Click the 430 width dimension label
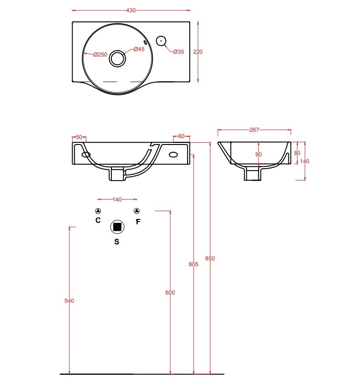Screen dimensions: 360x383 (x=131, y=10)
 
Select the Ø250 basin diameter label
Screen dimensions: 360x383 (x=100, y=54)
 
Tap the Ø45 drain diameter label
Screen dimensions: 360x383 (x=139, y=49)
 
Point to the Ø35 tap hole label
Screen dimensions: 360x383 (x=178, y=52)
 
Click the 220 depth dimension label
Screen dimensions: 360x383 (x=198, y=52)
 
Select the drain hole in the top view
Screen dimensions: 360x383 (x=117, y=58)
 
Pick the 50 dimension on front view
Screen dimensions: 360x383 (x=79, y=137)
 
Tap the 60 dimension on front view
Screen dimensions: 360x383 (x=181, y=136)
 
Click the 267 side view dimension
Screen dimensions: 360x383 (x=254, y=129)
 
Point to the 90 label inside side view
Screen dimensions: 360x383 (x=258, y=155)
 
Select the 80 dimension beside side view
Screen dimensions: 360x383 (x=297, y=153)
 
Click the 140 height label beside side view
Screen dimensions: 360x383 (x=304, y=161)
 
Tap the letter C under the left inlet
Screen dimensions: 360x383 (x=98, y=220)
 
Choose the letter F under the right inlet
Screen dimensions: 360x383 (x=138, y=222)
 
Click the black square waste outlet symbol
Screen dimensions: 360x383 (x=117, y=227)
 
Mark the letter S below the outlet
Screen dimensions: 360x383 (x=117, y=242)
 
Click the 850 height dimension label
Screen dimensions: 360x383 (x=210, y=259)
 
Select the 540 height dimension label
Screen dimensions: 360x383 (x=69, y=300)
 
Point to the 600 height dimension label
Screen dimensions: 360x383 (x=170, y=292)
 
